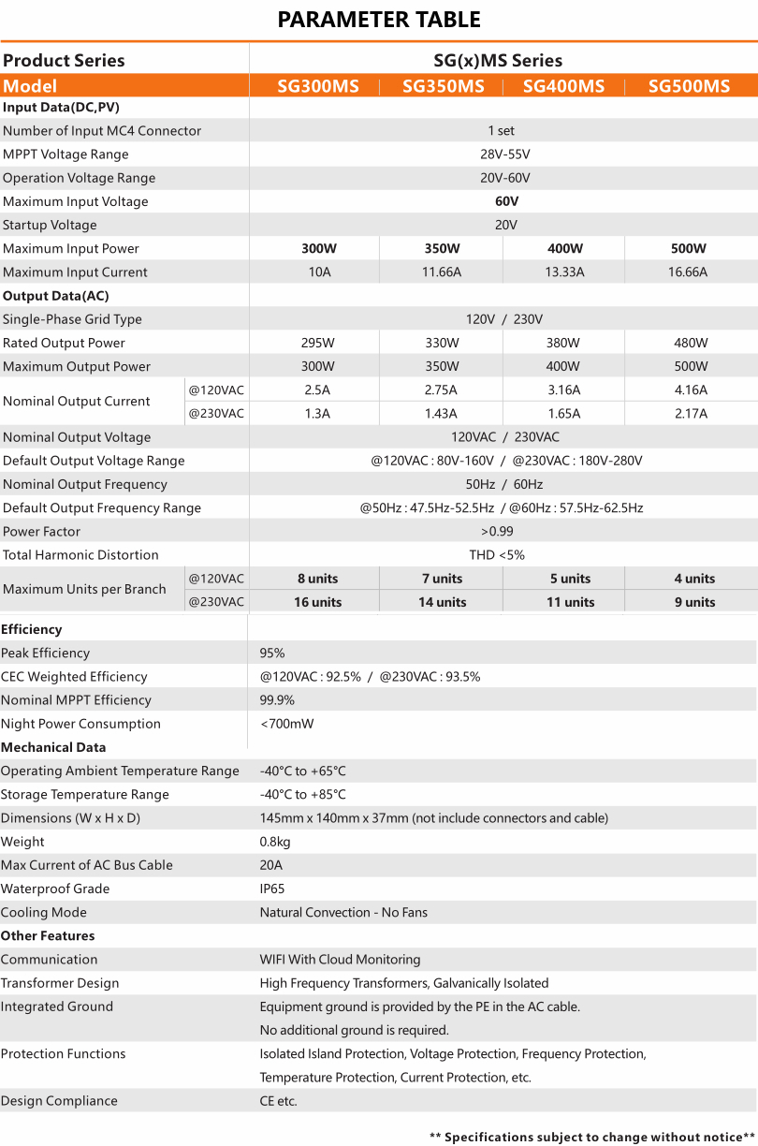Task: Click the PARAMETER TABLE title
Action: (x=379, y=20)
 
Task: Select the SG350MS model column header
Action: (x=443, y=86)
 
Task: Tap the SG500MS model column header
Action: (x=689, y=86)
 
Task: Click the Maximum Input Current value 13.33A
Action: (x=564, y=272)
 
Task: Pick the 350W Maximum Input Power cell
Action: (x=442, y=249)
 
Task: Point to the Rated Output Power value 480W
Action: (x=691, y=343)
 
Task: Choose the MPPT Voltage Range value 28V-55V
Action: (x=504, y=154)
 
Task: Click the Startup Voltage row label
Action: (x=50, y=226)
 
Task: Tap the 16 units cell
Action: (x=317, y=602)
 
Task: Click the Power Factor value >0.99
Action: (x=503, y=532)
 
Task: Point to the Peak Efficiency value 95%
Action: (x=272, y=654)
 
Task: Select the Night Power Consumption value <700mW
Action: (x=286, y=724)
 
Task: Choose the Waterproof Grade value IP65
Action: (x=272, y=889)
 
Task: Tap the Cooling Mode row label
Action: (x=43, y=913)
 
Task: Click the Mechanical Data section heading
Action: (x=53, y=747)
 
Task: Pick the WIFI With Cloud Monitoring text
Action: (x=340, y=960)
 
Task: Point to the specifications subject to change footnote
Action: (x=591, y=1137)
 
